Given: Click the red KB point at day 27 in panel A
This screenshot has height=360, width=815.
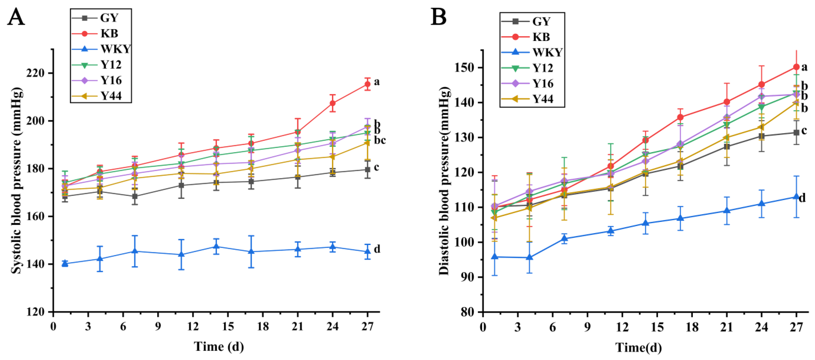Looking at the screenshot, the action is click(367, 84).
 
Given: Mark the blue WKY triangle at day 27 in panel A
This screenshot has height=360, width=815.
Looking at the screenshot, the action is click(367, 252).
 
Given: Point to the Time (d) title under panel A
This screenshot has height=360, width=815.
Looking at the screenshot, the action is click(219, 346).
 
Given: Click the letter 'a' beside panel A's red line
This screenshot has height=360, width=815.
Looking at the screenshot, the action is click(376, 82).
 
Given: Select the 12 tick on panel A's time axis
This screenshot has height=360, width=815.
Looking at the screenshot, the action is click(193, 327).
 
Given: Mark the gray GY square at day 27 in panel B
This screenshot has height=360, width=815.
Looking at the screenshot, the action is click(796, 133).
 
